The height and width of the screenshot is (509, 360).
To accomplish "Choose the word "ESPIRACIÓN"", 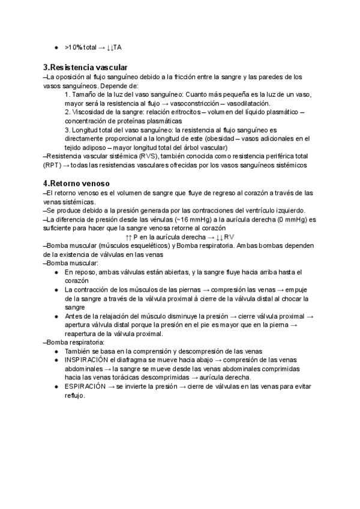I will click(87, 387).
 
